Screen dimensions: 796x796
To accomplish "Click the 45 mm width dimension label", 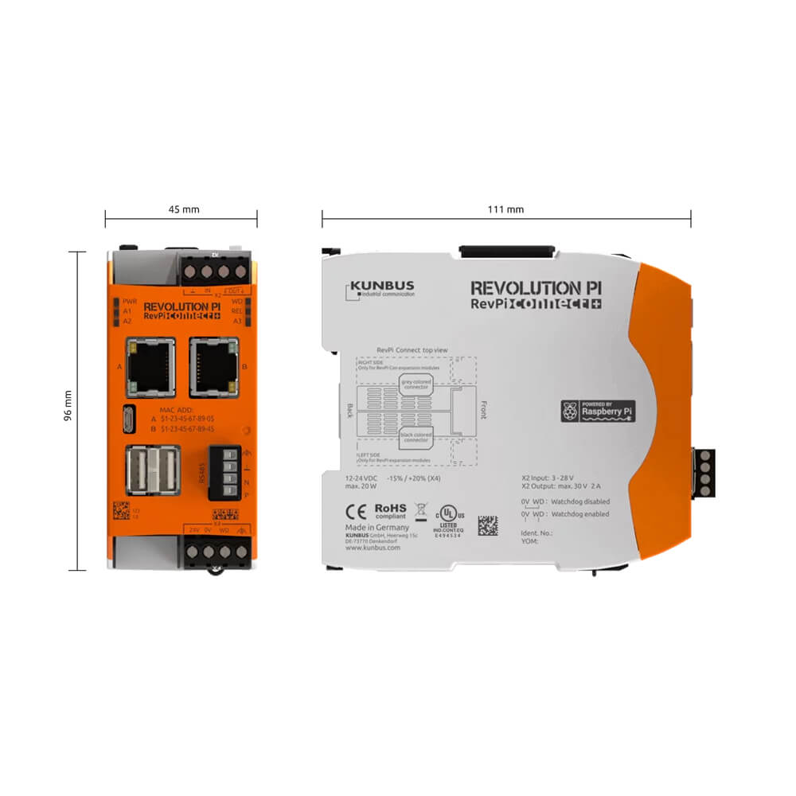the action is [x=183, y=209].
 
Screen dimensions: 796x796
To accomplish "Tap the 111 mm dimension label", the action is [x=505, y=209].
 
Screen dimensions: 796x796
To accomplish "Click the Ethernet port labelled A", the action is [x=150, y=366].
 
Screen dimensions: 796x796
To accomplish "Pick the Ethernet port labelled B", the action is [x=213, y=366].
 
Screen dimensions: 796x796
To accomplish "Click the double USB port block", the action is [x=152, y=470].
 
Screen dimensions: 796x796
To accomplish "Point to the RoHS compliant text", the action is [x=391, y=509].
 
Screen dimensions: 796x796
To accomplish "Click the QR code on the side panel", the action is [x=487, y=525].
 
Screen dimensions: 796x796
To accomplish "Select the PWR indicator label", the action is [x=131, y=302].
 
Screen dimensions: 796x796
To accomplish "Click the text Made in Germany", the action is [x=377, y=527].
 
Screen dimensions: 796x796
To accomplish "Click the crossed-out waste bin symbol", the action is [x=423, y=511].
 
